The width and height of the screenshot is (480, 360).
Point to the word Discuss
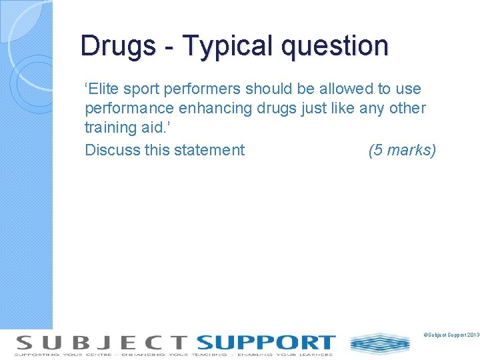(x=112, y=150)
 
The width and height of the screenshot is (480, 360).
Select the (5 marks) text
(x=402, y=150)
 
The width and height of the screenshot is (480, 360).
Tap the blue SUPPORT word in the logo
(x=266, y=342)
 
